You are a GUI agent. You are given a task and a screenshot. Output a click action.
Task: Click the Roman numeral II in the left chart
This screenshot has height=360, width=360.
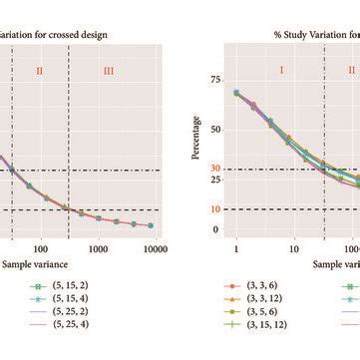coord(40,71)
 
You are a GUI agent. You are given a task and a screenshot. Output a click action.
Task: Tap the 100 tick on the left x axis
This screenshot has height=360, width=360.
coord(41,248)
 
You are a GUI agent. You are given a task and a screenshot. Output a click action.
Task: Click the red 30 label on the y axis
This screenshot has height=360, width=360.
coord(214,170)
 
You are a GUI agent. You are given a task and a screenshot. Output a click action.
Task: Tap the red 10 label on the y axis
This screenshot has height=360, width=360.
coord(214,209)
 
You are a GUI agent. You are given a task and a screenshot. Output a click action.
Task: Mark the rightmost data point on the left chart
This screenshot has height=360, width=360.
coord(150,226)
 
